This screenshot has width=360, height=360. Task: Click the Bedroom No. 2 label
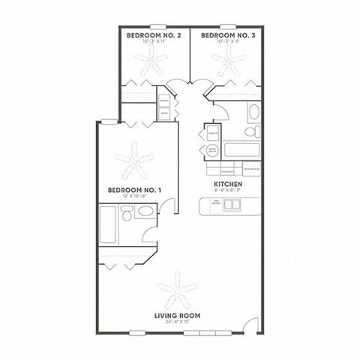154,35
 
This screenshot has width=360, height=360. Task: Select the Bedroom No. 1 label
134,190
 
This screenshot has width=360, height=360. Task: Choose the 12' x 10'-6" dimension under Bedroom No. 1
134,196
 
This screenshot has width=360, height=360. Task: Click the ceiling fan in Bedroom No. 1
134,158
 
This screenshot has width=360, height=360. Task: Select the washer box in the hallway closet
163,100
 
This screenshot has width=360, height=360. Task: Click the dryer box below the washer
163,112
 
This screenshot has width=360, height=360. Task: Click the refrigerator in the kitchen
255,170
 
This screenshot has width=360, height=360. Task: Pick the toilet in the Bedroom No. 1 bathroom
130,216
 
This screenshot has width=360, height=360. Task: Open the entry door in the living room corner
247,323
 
